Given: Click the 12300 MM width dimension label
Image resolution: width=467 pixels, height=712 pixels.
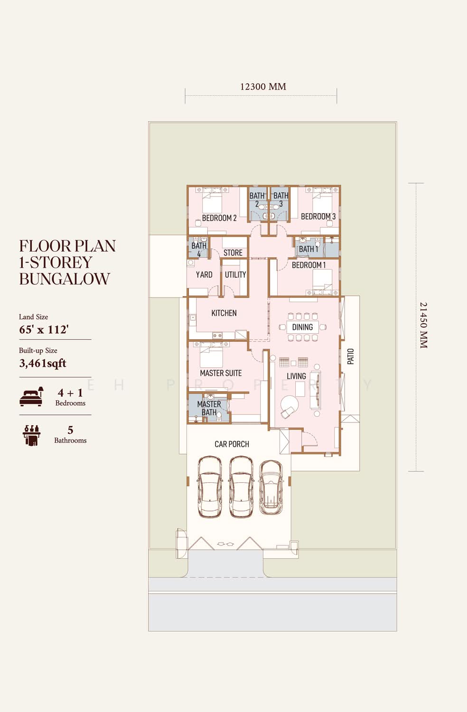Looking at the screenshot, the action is [263, 86].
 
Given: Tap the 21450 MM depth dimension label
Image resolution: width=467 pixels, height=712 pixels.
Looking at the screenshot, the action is [423, 325].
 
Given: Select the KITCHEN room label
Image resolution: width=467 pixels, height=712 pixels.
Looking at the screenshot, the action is [224, 313].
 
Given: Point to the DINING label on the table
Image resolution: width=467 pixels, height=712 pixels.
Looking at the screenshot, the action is [302, 327].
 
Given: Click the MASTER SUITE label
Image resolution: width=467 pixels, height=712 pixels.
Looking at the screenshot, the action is [221, 373].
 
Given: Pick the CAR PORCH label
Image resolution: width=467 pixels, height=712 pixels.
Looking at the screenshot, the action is [232, 444].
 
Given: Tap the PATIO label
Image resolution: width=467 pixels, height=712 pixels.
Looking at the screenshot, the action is [350, 356].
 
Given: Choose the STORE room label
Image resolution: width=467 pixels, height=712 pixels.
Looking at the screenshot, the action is [233, 253].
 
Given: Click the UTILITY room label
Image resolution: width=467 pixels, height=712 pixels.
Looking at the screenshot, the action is [235, 275].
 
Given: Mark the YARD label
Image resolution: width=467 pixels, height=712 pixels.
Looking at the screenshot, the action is [204, 275].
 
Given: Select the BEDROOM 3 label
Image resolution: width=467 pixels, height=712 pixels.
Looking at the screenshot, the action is [318, 216].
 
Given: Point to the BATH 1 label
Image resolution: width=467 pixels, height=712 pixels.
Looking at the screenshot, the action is [308, 249].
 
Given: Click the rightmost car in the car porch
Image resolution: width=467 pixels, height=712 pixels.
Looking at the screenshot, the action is [271, 487].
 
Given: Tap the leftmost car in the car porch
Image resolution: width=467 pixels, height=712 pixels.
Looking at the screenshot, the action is [209, 487].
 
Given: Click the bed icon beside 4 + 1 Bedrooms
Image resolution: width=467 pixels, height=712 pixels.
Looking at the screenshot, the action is [31, 396].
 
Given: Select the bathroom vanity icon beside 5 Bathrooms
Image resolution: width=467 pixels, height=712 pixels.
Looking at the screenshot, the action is [31, 435].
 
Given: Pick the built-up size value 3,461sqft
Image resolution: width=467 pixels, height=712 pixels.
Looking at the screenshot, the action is [43, 363].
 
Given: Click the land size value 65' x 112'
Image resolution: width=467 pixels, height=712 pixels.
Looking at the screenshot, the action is [44, 329].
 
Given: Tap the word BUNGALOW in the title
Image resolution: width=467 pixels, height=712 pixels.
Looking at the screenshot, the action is [65, 279].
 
